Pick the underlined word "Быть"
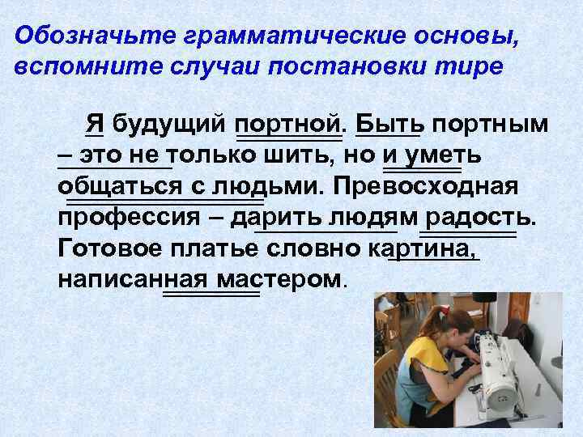388,125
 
